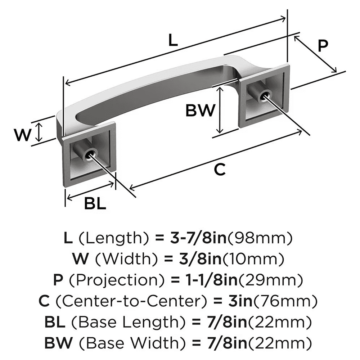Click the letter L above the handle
coord(173,40)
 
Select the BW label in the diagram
coord(200,111)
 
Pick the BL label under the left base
coord(95,204)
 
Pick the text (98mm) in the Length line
coord(261,238)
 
